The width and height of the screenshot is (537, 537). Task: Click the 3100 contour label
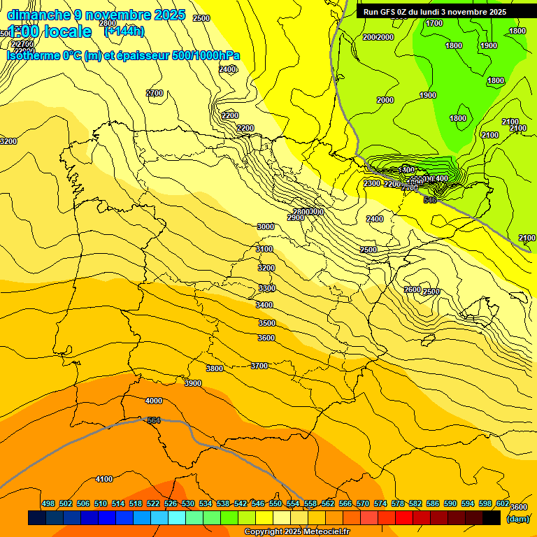click(264, 249)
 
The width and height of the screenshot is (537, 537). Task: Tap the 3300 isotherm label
click(266, 288)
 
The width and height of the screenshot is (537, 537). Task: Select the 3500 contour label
click(266, 323)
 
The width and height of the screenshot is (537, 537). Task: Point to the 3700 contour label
click(259, 366)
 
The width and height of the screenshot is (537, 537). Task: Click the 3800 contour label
click(215, 368)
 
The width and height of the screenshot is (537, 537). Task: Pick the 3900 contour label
click(193, 383)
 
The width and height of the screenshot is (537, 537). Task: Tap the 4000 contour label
click(153, 401)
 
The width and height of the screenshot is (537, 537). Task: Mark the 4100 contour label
click(104, 479)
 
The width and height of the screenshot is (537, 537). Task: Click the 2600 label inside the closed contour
click(413, 289)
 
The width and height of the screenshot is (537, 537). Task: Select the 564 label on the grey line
click(154, 420)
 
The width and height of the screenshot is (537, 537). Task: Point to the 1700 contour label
click(434, 23)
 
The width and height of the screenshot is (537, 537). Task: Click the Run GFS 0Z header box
click(435, 12)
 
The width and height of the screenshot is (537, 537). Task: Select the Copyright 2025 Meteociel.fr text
click(296, 532)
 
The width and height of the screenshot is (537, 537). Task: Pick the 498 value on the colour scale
click(48, 503)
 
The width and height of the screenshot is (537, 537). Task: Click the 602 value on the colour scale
click(503, 503)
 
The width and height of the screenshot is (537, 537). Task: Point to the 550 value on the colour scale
click(275, 503)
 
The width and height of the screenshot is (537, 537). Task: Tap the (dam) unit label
click(517, 518)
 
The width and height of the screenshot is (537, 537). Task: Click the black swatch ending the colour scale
click(492, 518)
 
